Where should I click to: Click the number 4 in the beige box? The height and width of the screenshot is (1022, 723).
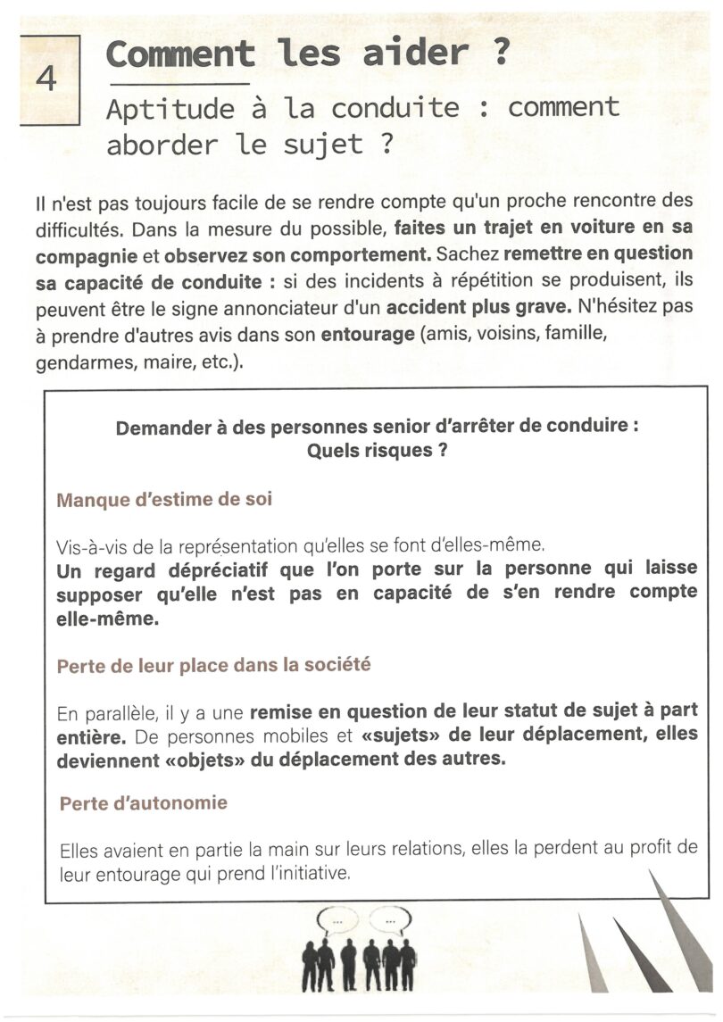[x=46, y=79]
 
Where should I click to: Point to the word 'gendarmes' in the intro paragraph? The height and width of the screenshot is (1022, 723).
[x=76, y=364]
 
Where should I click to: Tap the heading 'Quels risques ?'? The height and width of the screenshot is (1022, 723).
[x=377, y=451]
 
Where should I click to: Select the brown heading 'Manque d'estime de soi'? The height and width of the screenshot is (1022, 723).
[x=164, y=500]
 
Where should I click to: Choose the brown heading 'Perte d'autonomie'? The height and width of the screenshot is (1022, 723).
[x=144, y=803]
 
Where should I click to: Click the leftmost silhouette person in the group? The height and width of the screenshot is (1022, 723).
[x=310, y=965]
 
